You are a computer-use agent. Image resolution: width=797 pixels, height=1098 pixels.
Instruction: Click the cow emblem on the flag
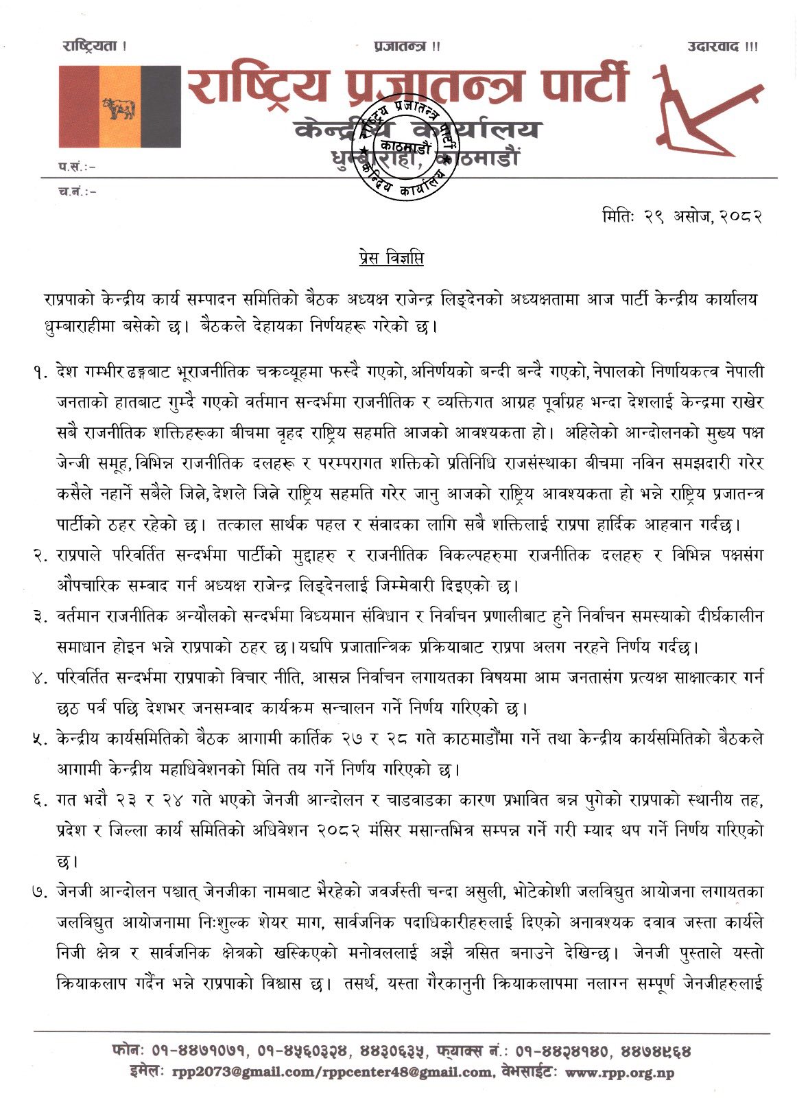(x=119, y=108)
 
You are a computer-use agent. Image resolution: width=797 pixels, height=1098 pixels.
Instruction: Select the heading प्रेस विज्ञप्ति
(x=391, y=259)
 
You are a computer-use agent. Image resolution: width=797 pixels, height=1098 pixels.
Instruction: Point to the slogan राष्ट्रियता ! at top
(x=94, y=47)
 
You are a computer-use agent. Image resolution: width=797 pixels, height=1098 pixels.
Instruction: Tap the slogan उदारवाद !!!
(x=722, y=47)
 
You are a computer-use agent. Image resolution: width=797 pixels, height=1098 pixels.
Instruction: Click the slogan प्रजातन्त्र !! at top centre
(x=407, y=47)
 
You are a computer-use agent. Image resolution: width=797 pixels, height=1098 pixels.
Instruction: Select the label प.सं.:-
(x=76, y=165)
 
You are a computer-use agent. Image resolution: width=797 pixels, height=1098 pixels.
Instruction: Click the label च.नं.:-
(x=77, y=191)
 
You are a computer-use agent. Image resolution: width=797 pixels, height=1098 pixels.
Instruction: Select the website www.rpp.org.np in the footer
(x=619, y=1073)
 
